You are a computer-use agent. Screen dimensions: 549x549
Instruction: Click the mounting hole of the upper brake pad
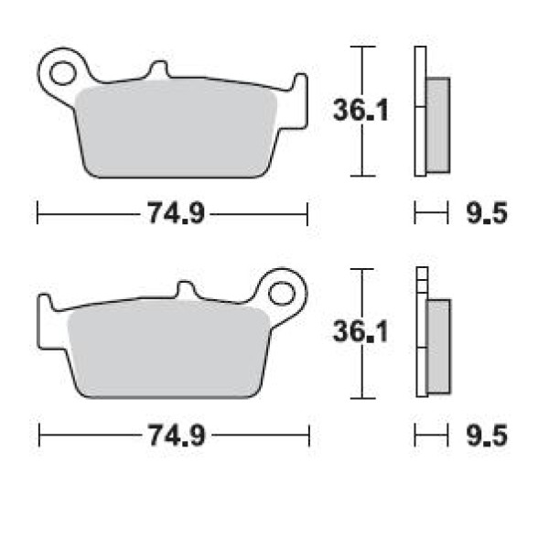coord(62,73)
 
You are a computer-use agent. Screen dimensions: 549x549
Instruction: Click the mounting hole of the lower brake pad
coord(282,294)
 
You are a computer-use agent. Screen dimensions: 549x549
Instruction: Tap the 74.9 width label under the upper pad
coord(176,213)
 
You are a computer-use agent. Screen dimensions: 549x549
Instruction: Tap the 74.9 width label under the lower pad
coord(177,436)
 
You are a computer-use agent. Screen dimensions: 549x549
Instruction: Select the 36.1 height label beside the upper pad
coord(361,111)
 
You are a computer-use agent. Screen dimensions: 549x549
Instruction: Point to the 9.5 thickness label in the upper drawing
coord(487,213)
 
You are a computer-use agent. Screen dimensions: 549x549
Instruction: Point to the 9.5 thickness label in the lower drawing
coord(487,436)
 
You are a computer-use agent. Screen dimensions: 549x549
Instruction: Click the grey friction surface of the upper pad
coord(176,131)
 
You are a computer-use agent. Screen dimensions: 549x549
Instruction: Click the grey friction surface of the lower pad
coord(168,351)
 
